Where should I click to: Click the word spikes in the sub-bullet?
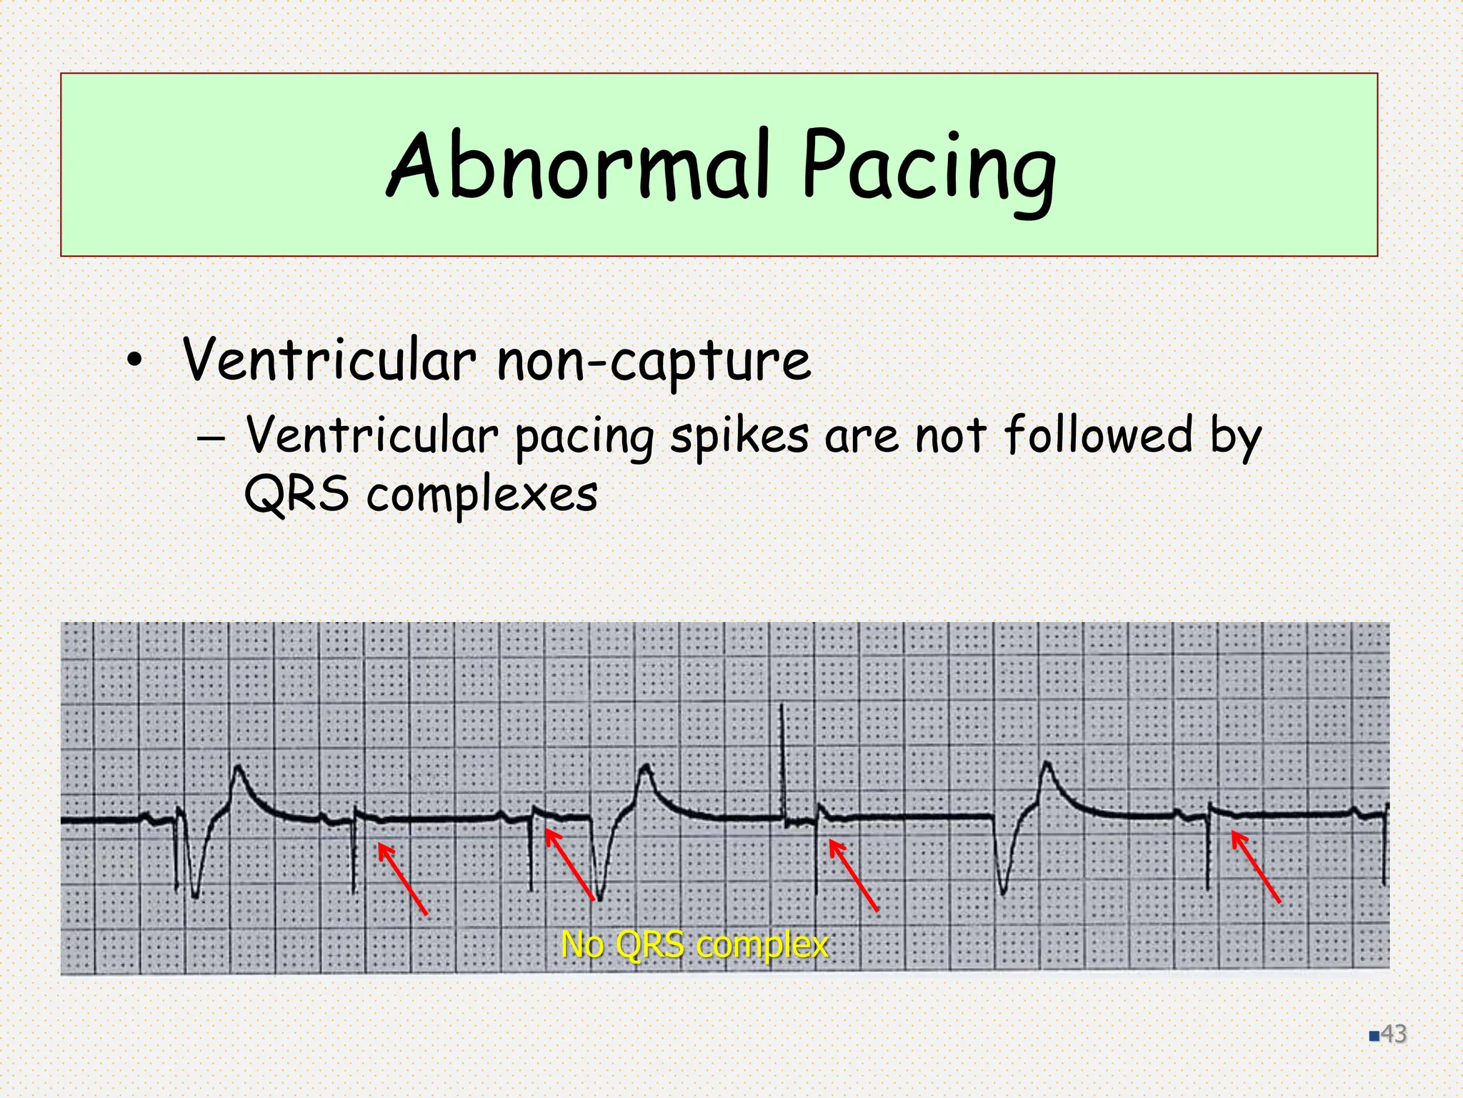(739, 436)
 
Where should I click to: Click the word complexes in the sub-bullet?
(481, 495)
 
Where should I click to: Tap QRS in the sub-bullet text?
(296, 495)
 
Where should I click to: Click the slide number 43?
(1393, 1034)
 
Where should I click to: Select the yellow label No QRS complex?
(694, 944)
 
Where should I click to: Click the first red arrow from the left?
(402, 879)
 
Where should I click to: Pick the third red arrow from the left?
(853, 875)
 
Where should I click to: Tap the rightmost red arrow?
(1256, 866)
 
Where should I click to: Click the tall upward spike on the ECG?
(782, 758)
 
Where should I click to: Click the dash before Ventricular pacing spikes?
(211, 437)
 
